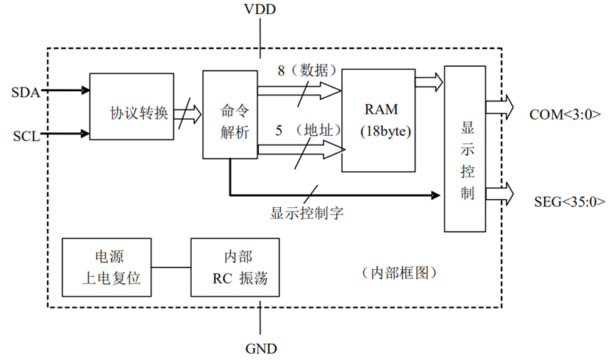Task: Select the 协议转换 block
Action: tap(132, 107)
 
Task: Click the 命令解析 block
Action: tap(229, 115)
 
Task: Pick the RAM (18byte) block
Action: tap(380, 120)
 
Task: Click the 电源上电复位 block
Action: tap(107, 267)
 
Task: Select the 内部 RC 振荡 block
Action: tap(235, 267)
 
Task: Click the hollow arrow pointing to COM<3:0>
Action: tap(502, 107)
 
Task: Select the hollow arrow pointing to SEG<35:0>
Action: tap(502, 193)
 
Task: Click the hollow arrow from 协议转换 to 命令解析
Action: tap(188, 114)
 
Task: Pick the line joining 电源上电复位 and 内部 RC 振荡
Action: tap(171, 267)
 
